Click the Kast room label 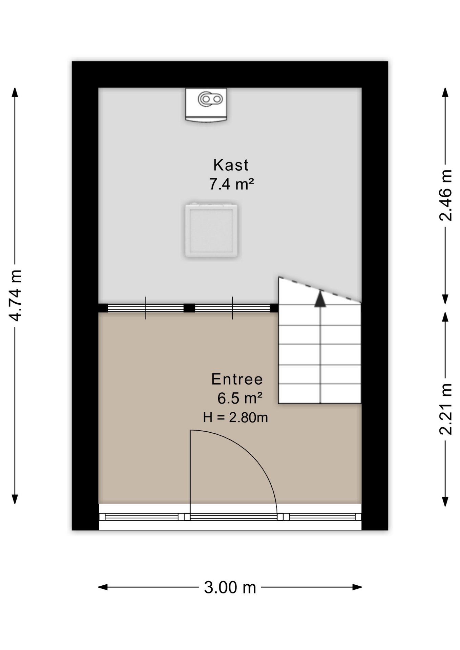tap(231, 165)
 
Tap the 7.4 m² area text tap(231, 184)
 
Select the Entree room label tap(237, 379)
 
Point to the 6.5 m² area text tap(240, 398)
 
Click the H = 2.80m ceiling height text tap(235, 417)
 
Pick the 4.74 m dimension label tap(15, 295)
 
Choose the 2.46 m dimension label tap(445, 195)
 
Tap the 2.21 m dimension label tap(445, 409)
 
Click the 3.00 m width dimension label tap(230, 587)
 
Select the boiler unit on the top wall tap(206, 105)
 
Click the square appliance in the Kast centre tap(211, 230)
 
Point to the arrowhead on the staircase tap(320, 299)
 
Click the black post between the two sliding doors tap(189, 308)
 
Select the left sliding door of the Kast tap(146, 308)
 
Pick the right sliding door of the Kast tap(232, 308)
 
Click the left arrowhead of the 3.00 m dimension tap(103, 587)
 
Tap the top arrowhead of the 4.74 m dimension tap(15, 92)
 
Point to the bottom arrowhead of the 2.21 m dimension tap(445, 501)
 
